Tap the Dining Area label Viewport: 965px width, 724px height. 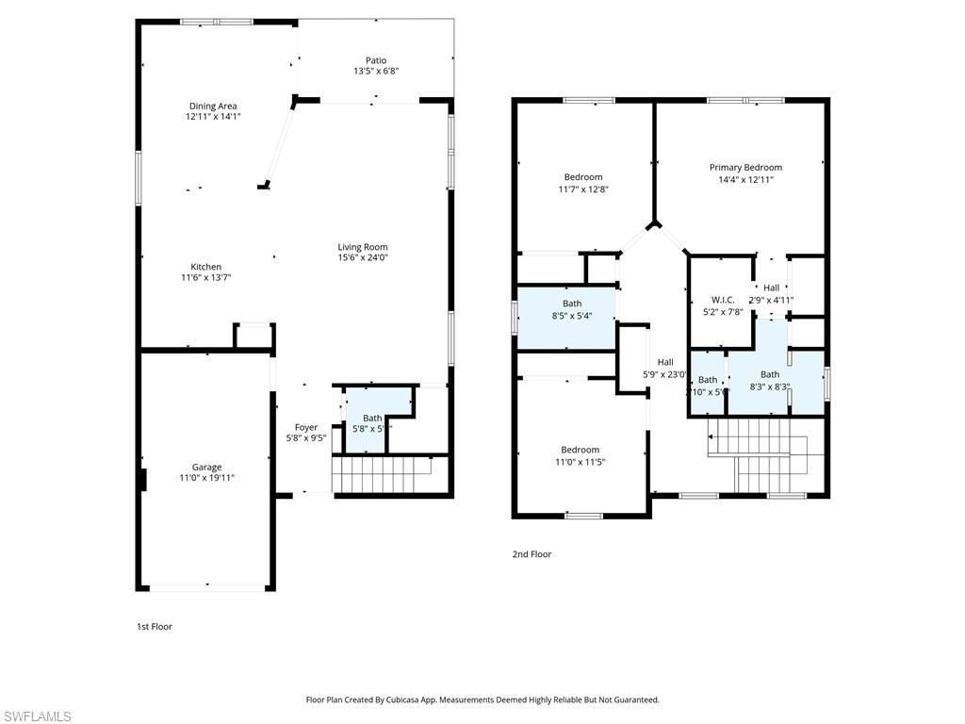point(213,107)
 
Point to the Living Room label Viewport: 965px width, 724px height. point(363,247)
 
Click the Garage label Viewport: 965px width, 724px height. point(206,468)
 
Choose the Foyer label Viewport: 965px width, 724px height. point(306,427)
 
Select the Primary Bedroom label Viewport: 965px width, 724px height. point(745,168)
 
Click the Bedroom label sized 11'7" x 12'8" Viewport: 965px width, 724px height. point(582,177)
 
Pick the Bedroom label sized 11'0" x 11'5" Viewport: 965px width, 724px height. point(580,451)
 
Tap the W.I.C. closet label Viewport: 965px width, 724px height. point(723,301)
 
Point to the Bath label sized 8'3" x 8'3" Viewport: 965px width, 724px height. point(770,374)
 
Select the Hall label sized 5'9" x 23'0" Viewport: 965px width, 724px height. point(665,362)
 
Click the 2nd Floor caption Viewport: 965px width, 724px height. point(532,554)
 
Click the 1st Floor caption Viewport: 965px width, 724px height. point(155,627)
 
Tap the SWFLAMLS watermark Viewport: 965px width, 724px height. point(37,716)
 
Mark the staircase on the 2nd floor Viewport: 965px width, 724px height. point(759,449)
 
